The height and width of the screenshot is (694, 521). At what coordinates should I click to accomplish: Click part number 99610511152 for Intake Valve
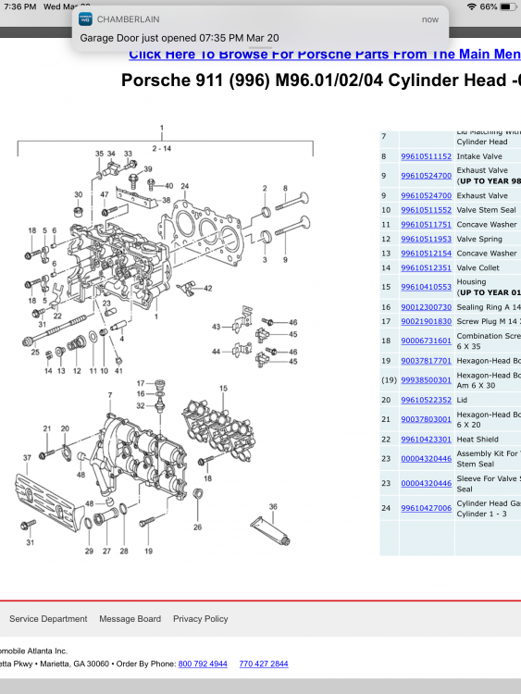(426, 156)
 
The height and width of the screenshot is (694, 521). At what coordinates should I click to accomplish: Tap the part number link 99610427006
(426, 508)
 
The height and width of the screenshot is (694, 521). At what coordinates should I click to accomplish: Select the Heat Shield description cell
(478, 440)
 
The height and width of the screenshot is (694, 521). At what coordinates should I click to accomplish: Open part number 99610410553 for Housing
(426, 287)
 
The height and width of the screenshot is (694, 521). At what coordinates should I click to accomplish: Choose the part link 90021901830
(426, 321)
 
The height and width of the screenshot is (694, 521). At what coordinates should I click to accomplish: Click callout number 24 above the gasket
(184, 186)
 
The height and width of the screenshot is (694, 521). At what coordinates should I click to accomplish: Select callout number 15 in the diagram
(223, 389)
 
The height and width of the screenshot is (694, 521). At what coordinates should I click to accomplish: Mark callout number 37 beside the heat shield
(27, 458)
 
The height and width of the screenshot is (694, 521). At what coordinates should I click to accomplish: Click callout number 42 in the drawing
(208, 289)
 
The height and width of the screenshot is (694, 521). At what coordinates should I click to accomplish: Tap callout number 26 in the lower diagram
(197, 528)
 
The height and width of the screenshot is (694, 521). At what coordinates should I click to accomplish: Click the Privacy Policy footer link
(200, 619)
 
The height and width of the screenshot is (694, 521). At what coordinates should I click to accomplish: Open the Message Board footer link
(129, 619)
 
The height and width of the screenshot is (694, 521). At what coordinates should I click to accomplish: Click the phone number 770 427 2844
(263, 664)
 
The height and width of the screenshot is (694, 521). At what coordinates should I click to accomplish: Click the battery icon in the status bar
(510, 6)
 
